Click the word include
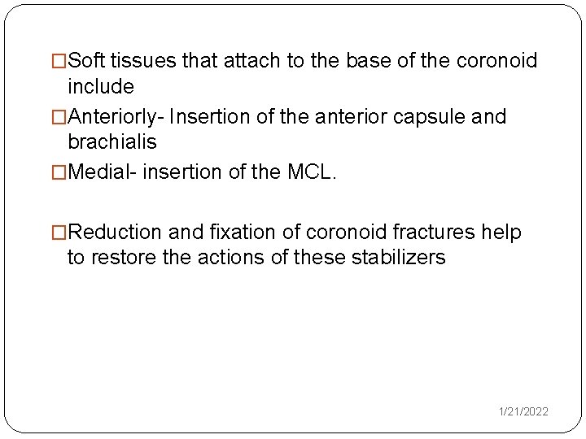click(100, 85)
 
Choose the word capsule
click(438, 118)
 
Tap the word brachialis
click(112, 141)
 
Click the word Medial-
click(101, 173)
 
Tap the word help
click(501, 233)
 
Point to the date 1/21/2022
click(523, 412)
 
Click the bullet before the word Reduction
click(59, 233)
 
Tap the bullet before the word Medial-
click(59, 173)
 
